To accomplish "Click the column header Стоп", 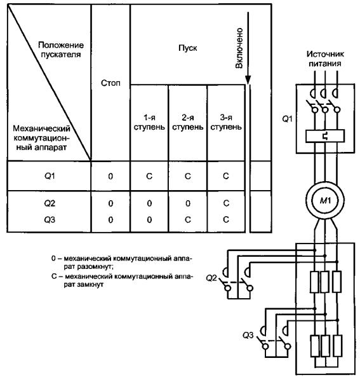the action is pos(110,83).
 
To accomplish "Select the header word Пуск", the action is pos(187,48).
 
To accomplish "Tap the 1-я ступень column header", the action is pos(149,122).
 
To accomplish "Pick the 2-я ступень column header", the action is pos(187,122).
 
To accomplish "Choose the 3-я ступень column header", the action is pos(226,122).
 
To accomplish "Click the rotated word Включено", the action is pos(239,48).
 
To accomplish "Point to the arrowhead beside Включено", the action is pos(248,80).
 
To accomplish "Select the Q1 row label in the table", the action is pos(50,176).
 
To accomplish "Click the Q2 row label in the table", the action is pos(50,203).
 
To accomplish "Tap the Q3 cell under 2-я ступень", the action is pos(188,219).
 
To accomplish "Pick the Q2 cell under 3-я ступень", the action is pos(226,203).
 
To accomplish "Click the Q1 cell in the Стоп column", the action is pos(110,176).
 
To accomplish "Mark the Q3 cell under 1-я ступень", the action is pos(149,220).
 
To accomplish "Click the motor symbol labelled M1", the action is pos(325,200).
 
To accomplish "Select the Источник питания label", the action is pos(325,58).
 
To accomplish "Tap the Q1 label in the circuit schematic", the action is pos(287,119).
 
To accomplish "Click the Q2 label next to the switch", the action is pos(211,278).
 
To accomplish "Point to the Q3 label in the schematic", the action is pos(248,335).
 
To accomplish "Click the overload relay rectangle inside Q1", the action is pos(325,136).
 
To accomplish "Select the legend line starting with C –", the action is pos(122,280).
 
